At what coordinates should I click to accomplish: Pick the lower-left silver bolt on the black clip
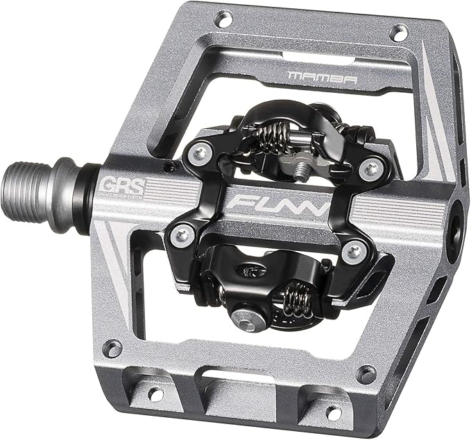[182, 236]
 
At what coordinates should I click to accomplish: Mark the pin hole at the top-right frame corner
[398, 32]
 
